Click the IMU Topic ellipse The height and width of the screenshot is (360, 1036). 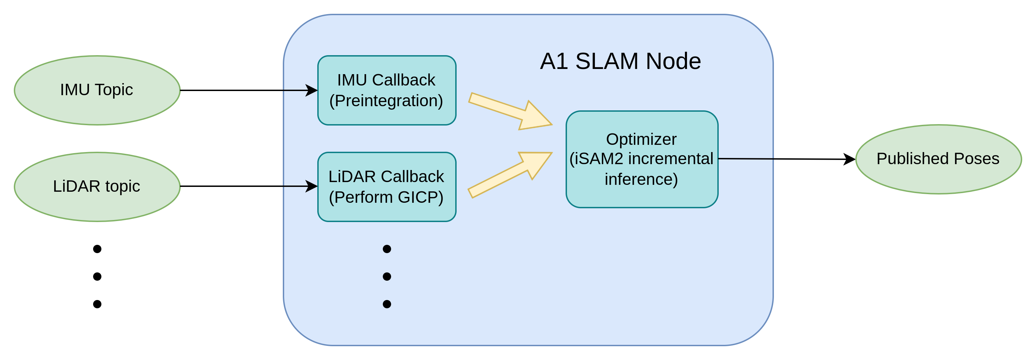pyautogui.click(x=97, y=90)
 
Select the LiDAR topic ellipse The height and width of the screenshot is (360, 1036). pyautogui.click(x=97, y=187)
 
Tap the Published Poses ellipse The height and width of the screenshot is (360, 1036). pyautogui.click(x=938, y=159)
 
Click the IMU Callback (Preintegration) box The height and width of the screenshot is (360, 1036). pyautogui.click(x=387, y=90)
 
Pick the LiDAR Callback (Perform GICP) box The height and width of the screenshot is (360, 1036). pyautogui.click(x=387, y=187)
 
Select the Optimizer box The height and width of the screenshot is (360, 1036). pyautogui.click(x=641, y=159)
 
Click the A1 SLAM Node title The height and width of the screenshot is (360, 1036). pyautogui.click(x=620, y=61)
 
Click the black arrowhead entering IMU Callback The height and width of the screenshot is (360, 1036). pyautogui.click(x=312, y=90)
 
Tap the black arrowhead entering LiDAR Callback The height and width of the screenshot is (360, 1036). pyautogui.click(x=312, y=186)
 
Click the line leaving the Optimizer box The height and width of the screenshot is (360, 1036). pyautogui.click(x=746, y=159)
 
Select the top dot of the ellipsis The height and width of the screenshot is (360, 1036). pyautogui.click(x=387, y=249)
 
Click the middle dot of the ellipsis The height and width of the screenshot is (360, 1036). pyautogui.click(x=387, y=276)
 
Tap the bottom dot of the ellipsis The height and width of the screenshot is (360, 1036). pyautogui.click(x=387, y=304)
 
